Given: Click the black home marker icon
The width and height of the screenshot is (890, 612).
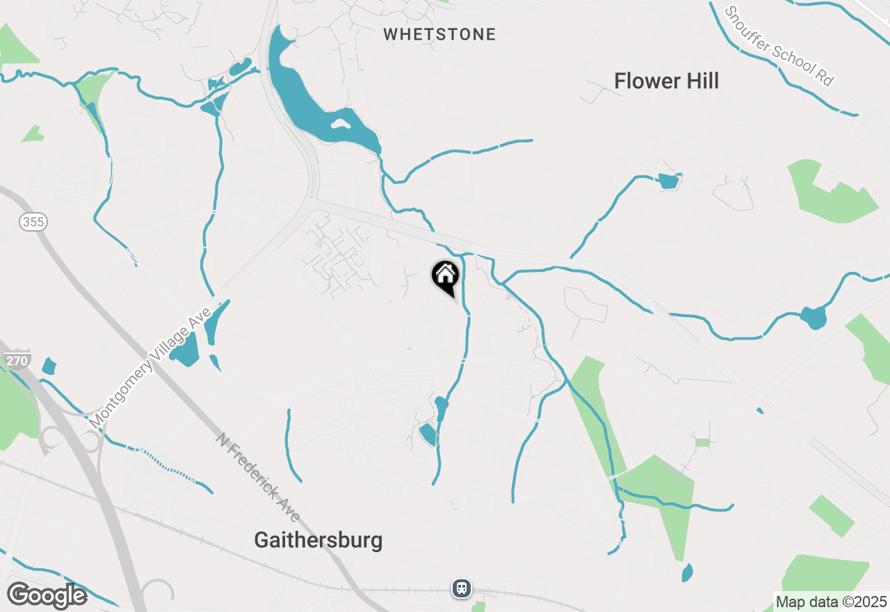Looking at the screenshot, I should (x=445, y=275).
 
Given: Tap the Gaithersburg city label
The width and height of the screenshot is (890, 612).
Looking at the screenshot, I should (x=318, y=540).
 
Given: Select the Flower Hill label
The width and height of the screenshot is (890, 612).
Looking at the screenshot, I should (x=666, y=81).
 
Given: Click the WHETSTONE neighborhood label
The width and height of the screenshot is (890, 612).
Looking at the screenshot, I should (x=439, y=34).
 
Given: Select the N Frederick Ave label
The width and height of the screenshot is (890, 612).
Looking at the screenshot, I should (x=258, y=478).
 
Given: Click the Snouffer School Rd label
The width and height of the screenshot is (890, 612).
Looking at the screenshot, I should (x=778, y=46).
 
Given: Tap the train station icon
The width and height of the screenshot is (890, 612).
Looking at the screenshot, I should (x=462, y=588).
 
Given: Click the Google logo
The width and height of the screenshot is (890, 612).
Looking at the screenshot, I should (x=47, y=595).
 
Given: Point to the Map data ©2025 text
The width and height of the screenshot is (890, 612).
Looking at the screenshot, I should (x=831, y=602).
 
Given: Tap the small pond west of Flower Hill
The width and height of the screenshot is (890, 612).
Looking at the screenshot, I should (x=668, y=181).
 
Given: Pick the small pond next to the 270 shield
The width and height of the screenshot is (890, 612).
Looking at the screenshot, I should (x=49, y=367).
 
